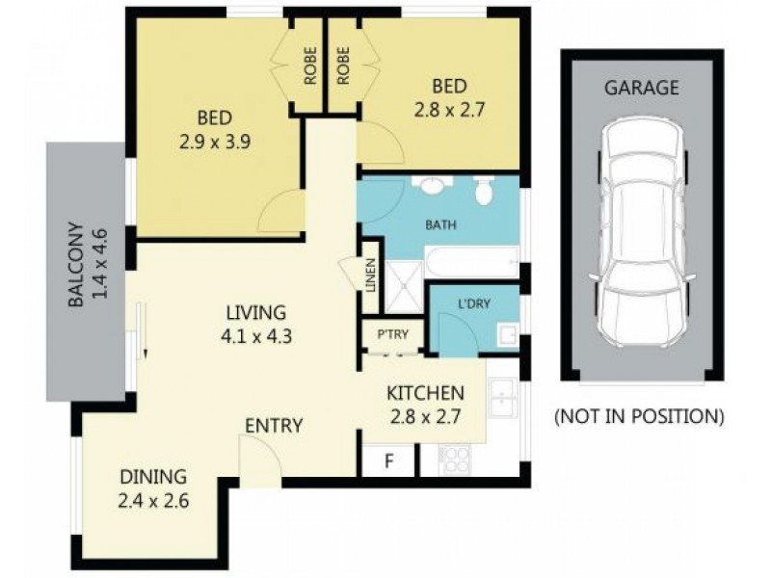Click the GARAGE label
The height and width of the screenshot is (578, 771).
[641, 88]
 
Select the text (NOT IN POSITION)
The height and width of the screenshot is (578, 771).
[638, 417]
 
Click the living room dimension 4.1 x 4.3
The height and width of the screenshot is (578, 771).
[255, 337]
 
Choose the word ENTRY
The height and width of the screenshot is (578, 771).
[274, 426]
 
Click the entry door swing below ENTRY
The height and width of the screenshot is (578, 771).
[256, 453]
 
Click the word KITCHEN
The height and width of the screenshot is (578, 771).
[425, 393]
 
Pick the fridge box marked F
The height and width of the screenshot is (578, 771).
[389, 460]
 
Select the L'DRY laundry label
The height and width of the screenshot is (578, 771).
[473, 303]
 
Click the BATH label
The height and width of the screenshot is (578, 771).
[440, 226]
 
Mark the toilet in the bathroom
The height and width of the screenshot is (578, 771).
[484, 193]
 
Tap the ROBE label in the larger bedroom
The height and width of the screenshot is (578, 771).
[311, 63]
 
